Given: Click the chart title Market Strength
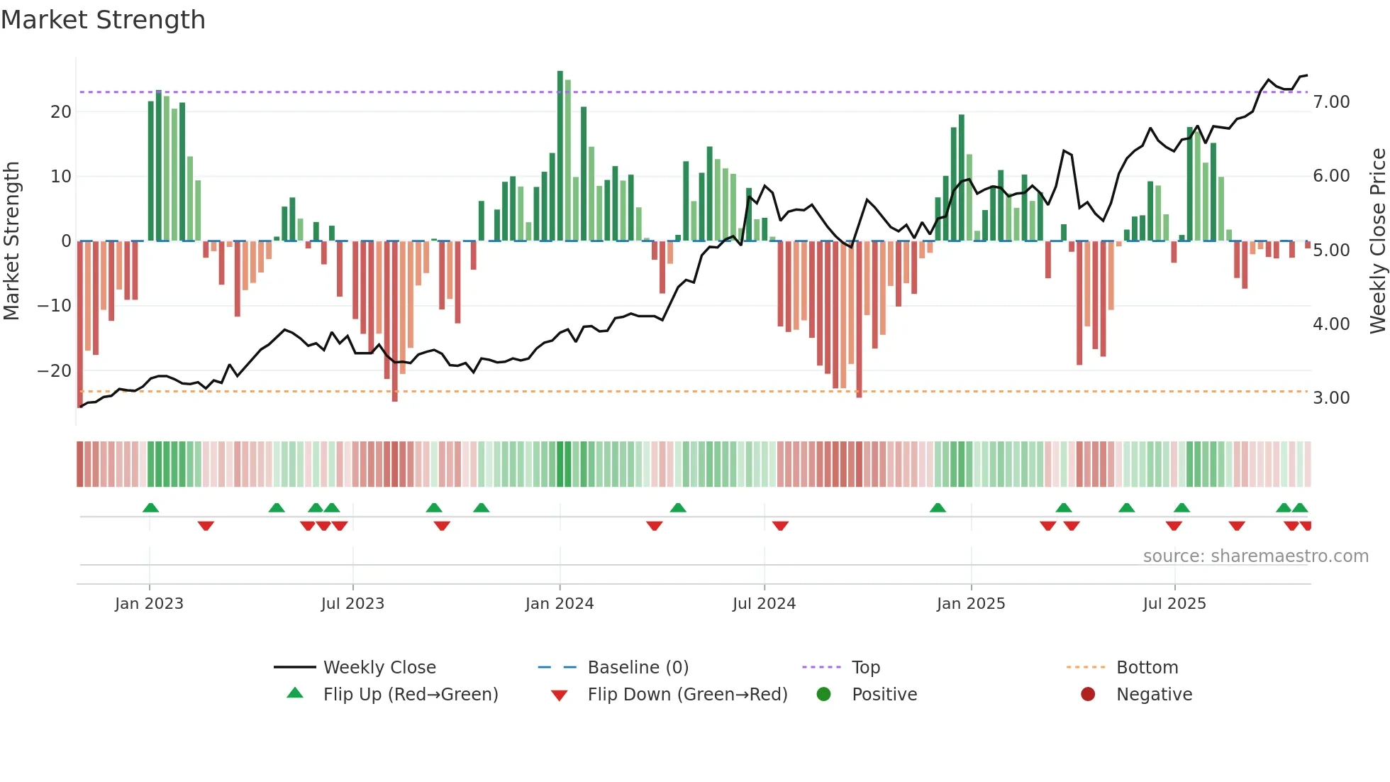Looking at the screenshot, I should point(104,20).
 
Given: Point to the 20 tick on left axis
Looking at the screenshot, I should point(61,112).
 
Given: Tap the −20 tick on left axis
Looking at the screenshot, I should point(55,371).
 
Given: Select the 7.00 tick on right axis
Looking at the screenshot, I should point(1331,102).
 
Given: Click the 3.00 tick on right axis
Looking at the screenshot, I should point(1331,398).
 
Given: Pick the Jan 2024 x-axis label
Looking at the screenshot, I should point(559,604).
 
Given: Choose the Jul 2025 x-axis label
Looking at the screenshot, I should point(1174,604).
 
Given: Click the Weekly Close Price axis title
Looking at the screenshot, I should point(1377,241).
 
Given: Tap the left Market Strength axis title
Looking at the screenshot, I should point(11,241).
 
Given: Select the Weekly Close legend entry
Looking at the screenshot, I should point(379,668).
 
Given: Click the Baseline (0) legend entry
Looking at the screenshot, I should point(638,668).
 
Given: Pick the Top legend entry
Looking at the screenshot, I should point(865,668).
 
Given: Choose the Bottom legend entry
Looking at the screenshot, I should point(1147,668).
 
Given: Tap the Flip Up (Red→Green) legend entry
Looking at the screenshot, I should point(410,695).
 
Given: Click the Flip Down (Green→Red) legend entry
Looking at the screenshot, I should point(687,695).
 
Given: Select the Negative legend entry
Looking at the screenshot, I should point(1154,695).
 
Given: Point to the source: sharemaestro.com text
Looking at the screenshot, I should point(1255,556).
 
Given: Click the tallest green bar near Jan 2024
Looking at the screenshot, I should point(560,156).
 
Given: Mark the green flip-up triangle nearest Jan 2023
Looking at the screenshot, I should point(150,508).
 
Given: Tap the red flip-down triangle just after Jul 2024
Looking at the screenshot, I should point(780,526).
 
